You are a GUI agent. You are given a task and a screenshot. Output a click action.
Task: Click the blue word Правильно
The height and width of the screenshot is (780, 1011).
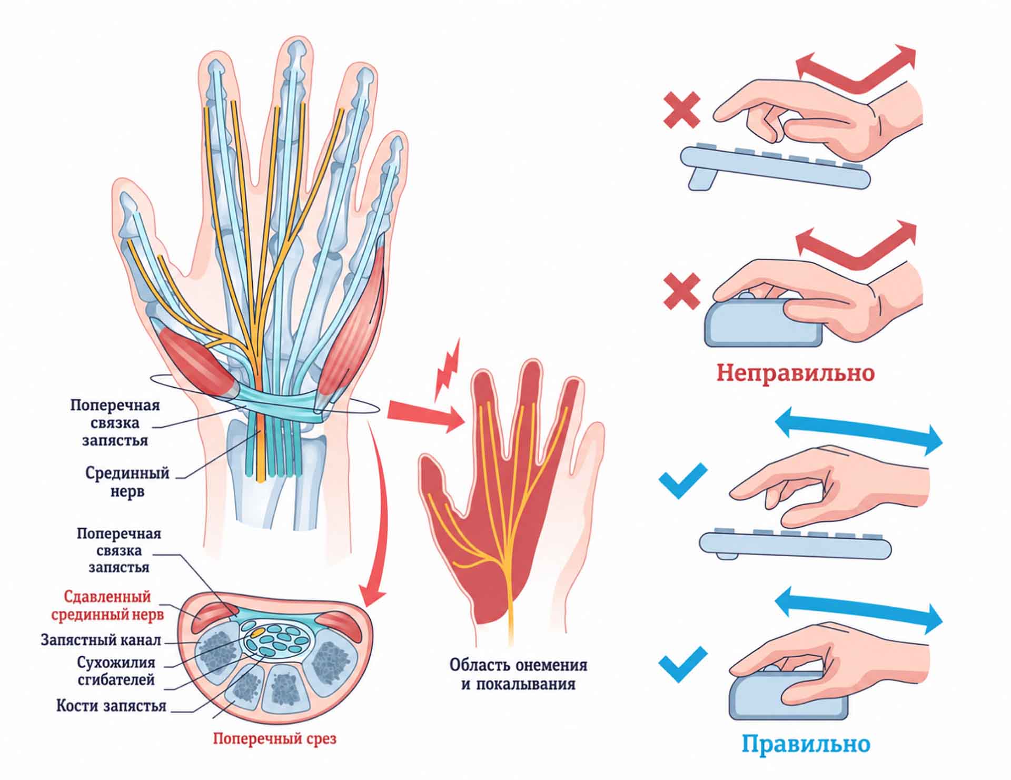[806, 744]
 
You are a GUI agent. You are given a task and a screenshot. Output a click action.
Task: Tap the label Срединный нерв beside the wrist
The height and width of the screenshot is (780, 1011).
[127, 482]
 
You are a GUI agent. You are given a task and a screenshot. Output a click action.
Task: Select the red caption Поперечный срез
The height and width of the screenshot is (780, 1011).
[274, 738]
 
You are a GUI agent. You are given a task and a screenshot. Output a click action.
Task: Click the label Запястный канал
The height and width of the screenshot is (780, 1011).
[101, 640]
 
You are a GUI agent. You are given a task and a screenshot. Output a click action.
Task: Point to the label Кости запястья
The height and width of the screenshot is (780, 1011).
[111, 705]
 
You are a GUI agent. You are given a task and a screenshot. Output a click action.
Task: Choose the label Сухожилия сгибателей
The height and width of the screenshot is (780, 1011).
[116, 670]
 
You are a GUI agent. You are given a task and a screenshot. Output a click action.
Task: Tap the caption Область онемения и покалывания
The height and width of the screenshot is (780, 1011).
[518, 674]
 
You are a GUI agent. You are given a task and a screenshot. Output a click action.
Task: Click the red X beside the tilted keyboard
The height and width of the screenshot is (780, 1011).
[682, 110]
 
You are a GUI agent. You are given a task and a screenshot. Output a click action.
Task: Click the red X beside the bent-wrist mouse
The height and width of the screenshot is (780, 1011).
[682, 291]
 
